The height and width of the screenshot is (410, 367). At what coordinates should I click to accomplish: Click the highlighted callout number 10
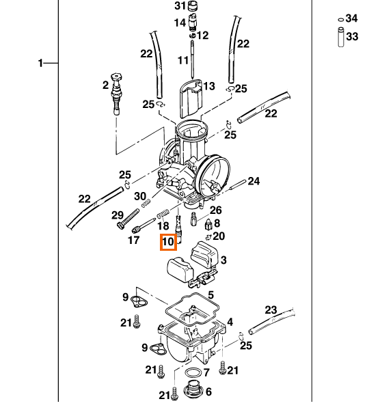pyautogui.click(x=168, y=242)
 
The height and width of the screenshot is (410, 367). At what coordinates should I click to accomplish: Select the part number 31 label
pyautogui.click(x=180, y=5)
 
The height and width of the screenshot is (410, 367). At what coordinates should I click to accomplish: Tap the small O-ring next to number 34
pyautogui.click(x=340, y=20)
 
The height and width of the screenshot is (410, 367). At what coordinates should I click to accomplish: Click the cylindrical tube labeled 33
pyautogui.click(x=341, y=37)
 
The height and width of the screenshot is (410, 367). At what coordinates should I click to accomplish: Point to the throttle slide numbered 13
pyautogui.click(x=191, y=98)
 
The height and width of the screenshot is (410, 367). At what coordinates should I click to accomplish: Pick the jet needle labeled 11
pyautogui.click(x=192, y=59)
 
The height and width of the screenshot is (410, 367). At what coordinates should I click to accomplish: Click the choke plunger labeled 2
pyautogui.click(x=117, y=94)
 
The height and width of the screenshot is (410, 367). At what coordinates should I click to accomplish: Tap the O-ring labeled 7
pyautogui.click(x=193, y=372)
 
